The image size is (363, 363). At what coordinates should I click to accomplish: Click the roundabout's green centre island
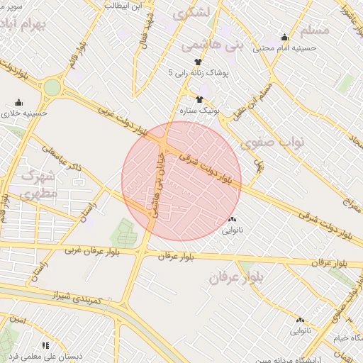point(52,88)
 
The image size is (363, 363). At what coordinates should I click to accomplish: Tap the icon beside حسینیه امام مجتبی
point(285,38)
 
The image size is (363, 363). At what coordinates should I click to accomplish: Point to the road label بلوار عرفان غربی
point(100,250)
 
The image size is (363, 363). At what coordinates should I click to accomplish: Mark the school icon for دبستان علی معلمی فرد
point(45,345)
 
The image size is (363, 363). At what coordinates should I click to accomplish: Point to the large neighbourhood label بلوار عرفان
point(237,279)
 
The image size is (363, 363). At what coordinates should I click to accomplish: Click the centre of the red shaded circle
point(181,181)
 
